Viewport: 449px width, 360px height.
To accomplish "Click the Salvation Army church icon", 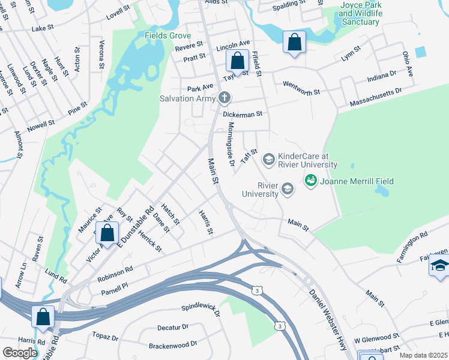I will click(224, 97).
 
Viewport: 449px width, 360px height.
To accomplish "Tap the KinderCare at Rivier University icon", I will click(268, 159).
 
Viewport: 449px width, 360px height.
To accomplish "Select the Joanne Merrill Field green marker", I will click(310, 179).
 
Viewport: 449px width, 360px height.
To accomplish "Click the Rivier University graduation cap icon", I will click(288, 189).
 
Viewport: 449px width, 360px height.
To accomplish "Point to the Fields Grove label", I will click(167, 35).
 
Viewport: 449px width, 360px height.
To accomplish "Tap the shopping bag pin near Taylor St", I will click(237, 61).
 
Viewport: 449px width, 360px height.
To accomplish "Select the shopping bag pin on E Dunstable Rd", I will click(107, 232).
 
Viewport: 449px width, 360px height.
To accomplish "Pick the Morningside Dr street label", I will click(231, 144).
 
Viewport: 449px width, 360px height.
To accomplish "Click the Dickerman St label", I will click(243, 113).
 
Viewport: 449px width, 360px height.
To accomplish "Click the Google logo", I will click(20, 352).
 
